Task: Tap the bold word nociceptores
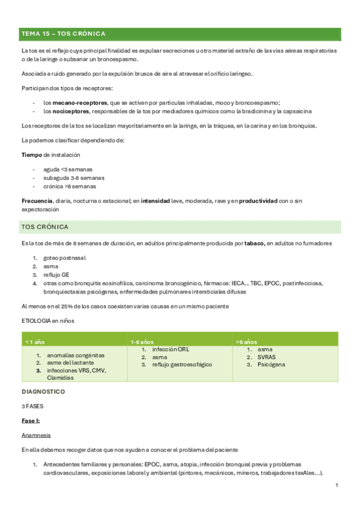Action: pyautogui.click(x=68, y=111)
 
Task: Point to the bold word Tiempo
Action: pyautogui.click(x=32, y=155)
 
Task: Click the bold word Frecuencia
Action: pyautogui.click(x=37, y=201)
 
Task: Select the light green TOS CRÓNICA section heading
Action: pyautogui.click(x=45, y=227)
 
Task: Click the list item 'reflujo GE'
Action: pyautogui.click(x=57, y=275)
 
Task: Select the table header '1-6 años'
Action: pyautogui.click(x=142, y=342)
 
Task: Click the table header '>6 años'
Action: pyautogui.click(x=248, y=342)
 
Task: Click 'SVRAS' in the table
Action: pyautogui.click(x=266, y=357)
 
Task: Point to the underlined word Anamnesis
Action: pyautogui.click(x=36, y=435)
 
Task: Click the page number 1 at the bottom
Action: pyautogui.click(x=337, y=485)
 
